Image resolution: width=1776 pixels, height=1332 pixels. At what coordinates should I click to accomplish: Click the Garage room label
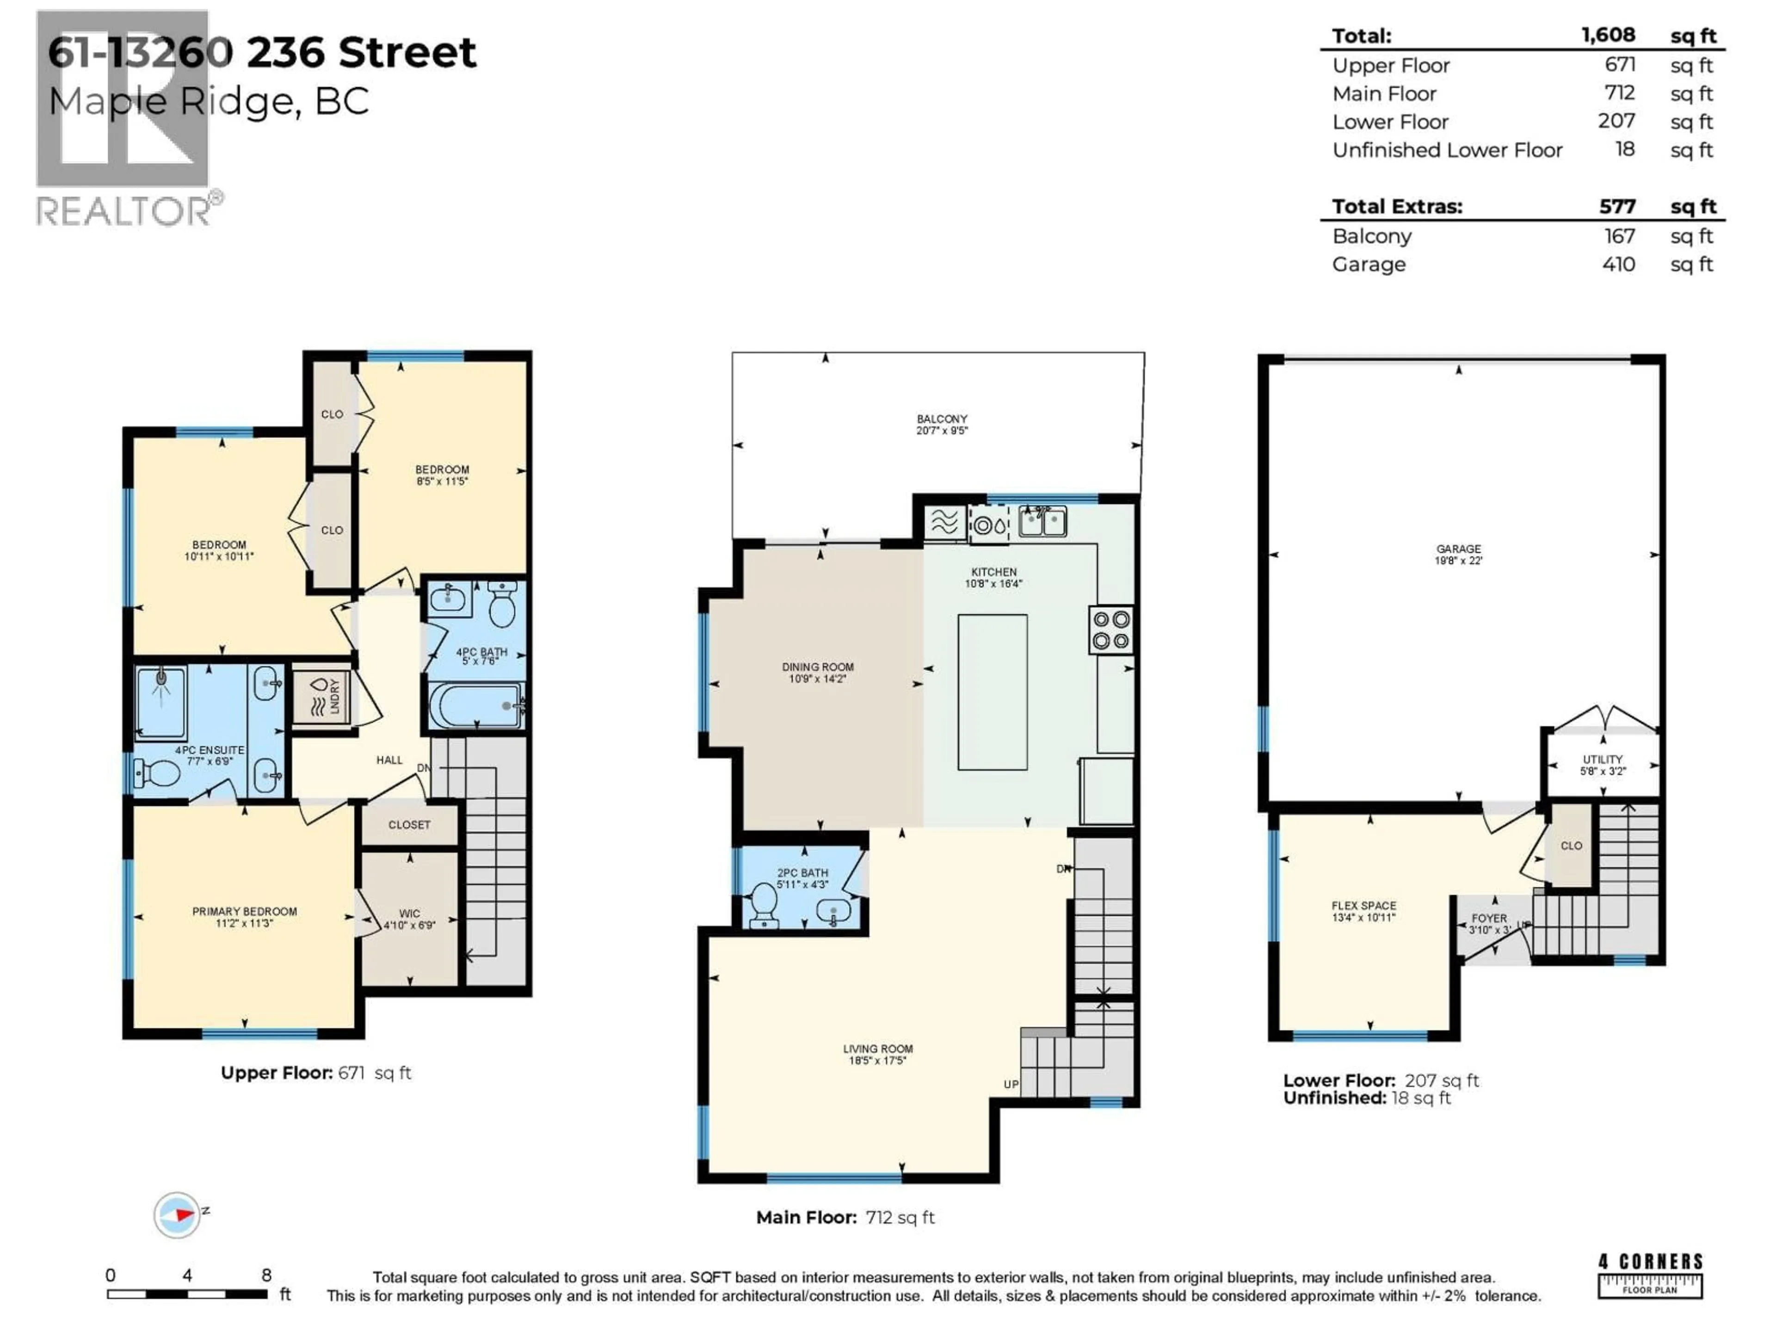click(1458, 549)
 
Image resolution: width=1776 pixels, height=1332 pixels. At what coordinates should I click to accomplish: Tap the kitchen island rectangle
click(993, 692)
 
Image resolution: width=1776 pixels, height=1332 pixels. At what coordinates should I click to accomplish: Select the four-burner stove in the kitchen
click(1111, 630)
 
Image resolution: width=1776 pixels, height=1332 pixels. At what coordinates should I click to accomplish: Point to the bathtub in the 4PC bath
click(474, 706)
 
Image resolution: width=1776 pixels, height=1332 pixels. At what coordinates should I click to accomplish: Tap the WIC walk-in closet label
click(409, 914)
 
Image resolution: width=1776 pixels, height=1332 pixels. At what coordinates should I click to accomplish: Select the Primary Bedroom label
click(244, 911)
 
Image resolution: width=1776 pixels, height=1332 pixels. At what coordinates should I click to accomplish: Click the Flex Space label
click(1363, 906)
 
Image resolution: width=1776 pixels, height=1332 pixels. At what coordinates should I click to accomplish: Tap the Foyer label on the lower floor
click(1489, 919)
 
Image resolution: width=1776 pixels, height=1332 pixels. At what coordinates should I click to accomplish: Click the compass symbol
click(178, 1215)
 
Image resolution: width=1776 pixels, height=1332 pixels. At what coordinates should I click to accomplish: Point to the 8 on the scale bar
click(266, 1275)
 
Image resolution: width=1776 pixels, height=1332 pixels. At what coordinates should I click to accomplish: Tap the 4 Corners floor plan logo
click(1649, 1276)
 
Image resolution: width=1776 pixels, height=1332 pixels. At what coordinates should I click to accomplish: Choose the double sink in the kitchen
click(1042, 522)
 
